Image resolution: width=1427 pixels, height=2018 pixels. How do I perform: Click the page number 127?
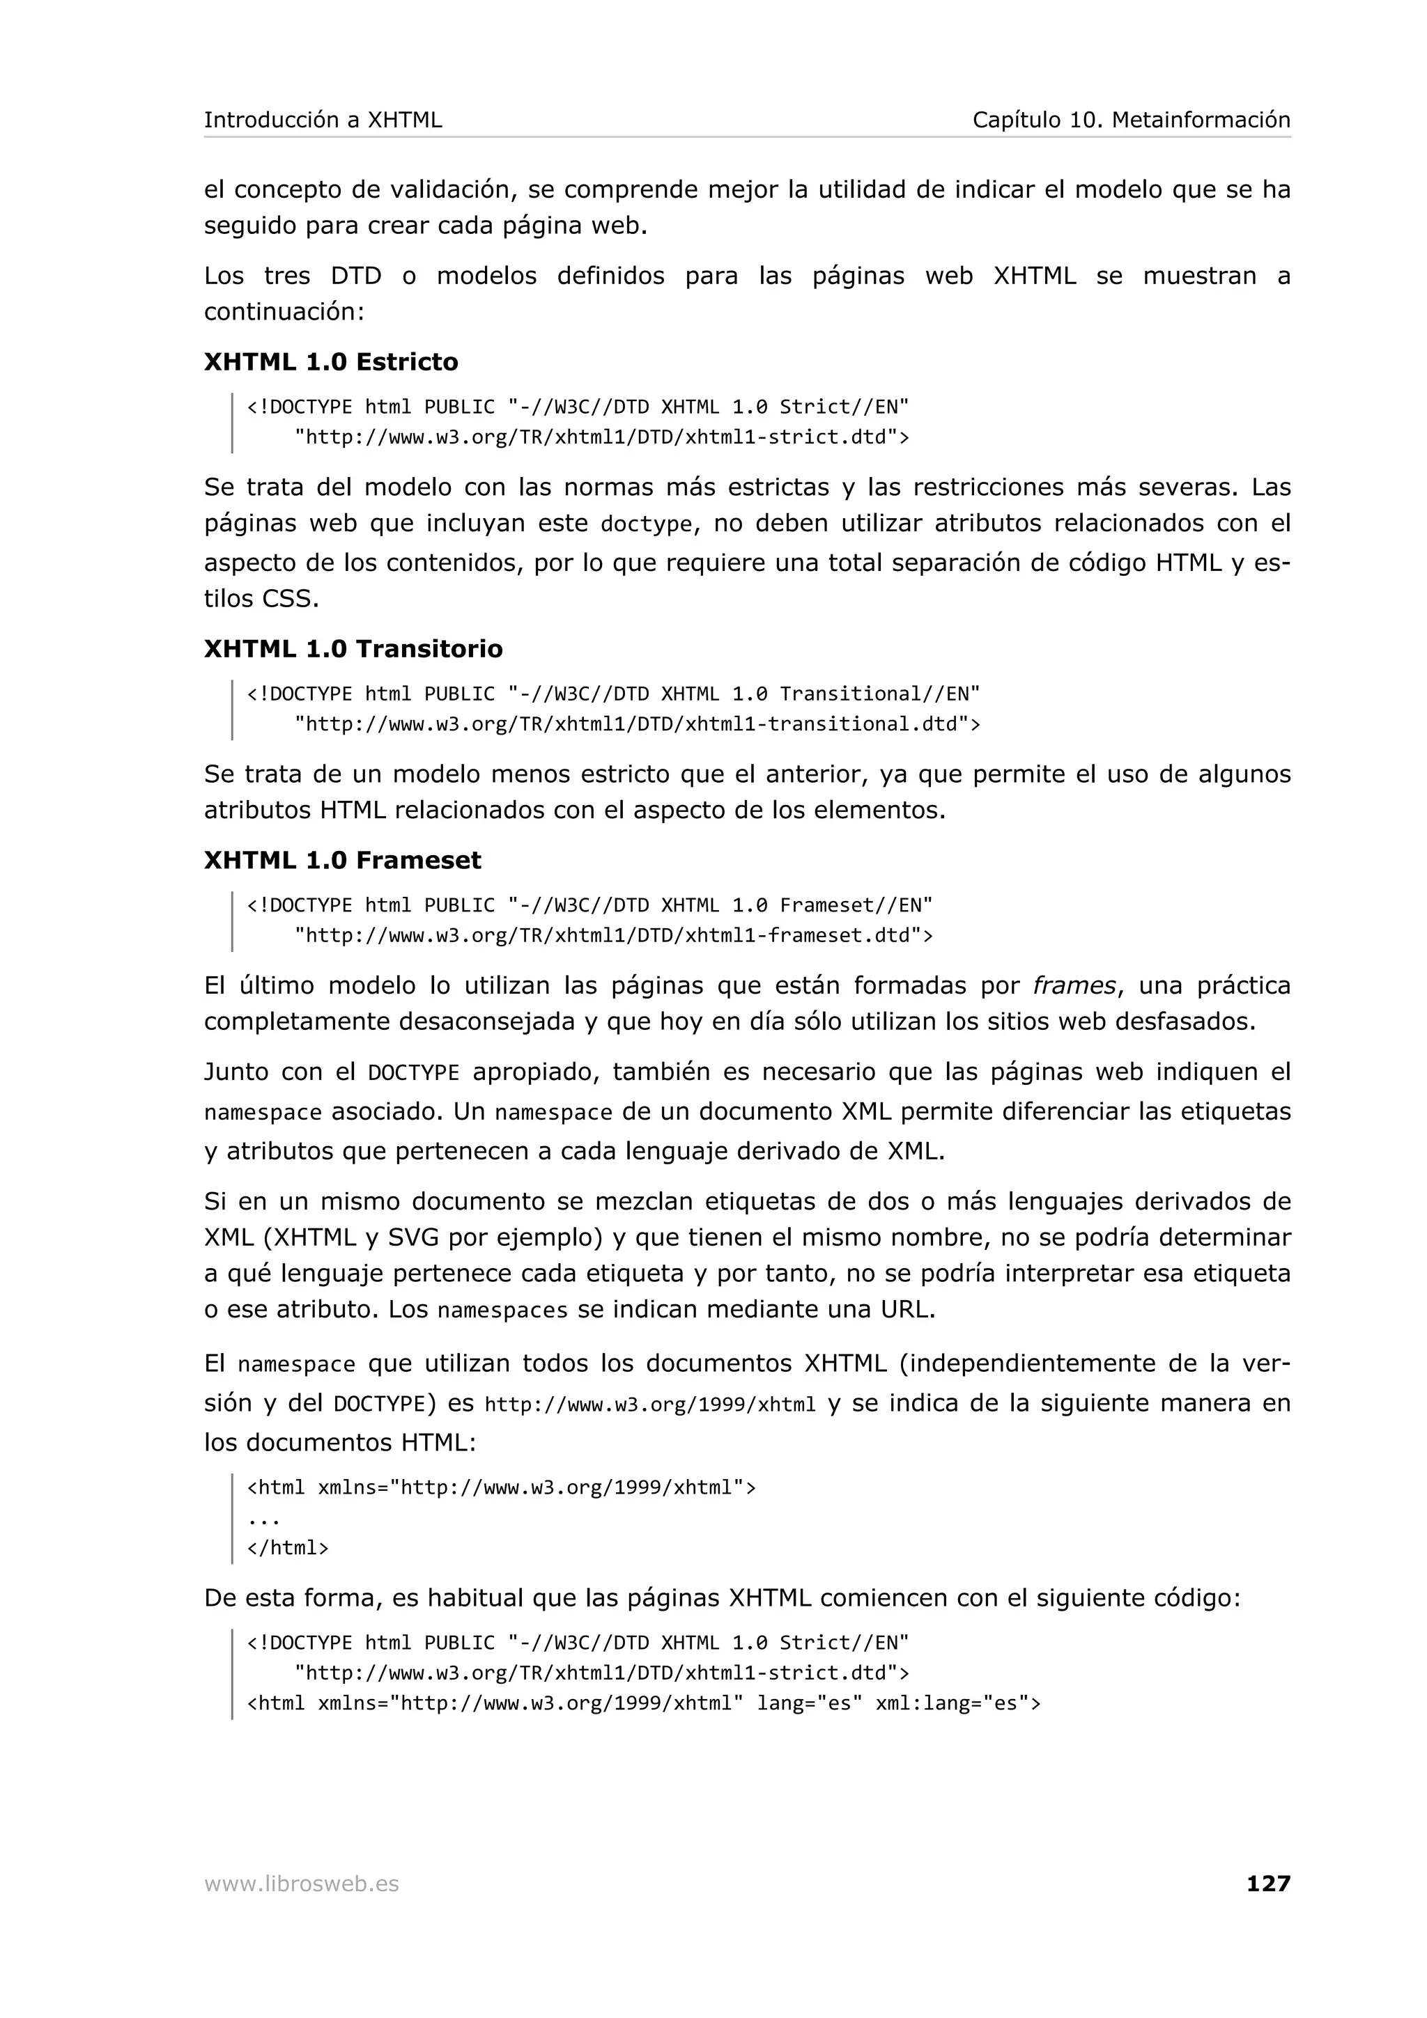[x=1267, y=1883]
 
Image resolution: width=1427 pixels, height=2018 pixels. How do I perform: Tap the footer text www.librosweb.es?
[x=301, y=1884]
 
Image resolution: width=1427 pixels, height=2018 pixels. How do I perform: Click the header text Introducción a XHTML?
[x=323, y=120]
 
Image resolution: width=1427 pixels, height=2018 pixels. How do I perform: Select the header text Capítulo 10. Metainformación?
[x=1131, y=120]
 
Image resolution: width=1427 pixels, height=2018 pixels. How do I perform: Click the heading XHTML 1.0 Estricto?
[x=330, y=362]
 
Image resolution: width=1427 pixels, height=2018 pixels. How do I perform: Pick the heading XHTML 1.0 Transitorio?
[x=353, y=649]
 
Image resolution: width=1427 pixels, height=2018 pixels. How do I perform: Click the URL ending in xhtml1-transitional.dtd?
[x=637, y=724]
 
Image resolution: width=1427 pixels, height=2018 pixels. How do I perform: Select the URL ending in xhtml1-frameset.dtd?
[x=613, y=935]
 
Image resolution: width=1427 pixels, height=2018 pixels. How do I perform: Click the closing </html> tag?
[x=288, y=1548]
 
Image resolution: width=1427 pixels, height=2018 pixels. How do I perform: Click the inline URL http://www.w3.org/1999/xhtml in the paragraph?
[x=650, y=1405]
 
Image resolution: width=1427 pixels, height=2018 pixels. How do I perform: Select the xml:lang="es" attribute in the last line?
[x=957, y=1703]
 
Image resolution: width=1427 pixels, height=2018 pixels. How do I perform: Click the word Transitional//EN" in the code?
[x=879, y=694]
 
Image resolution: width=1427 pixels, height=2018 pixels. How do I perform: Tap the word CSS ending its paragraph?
[x=289, y=599]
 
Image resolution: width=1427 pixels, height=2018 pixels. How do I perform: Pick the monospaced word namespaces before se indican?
[x=502, y=1311]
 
